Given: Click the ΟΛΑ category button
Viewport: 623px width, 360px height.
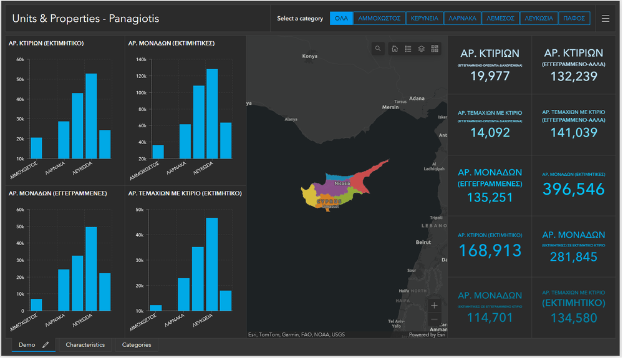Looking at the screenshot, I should (x=341, y=19).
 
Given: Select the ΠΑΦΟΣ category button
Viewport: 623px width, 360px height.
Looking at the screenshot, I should (x=574, y=19).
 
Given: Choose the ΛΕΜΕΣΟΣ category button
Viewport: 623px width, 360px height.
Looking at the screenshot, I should (x=501, y=19).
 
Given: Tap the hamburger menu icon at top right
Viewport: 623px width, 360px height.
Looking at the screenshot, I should (x=606, y=19).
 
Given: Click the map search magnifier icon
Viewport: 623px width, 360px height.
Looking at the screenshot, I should (x=378, y=49).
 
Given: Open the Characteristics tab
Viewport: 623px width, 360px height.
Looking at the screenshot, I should (x=85, y=345).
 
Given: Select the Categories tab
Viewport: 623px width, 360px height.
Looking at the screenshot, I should (x=137, y=345).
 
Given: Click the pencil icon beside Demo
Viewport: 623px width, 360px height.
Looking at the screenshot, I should (x=46, y=345).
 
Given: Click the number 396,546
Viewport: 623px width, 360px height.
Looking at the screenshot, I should (x=574, y=189).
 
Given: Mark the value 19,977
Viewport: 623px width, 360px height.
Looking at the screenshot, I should (x=490, y=76).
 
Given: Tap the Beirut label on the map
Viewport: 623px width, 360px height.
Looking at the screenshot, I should (x=423, y=242).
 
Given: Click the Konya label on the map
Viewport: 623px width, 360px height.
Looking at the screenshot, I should (x=310, y=56).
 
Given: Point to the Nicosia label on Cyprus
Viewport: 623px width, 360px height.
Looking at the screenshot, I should (x=342, y=183).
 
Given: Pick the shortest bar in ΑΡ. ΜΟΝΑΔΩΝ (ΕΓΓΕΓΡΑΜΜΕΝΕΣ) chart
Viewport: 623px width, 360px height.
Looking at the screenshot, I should (x=36, y=304).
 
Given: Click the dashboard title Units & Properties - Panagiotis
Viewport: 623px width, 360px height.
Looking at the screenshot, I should (x=85, y=19).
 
